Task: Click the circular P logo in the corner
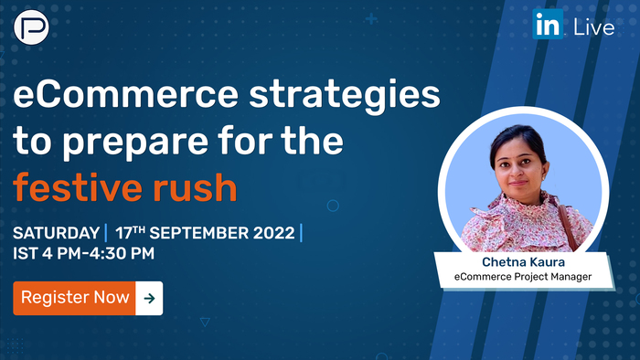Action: (x=30, y=26)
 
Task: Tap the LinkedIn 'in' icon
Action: (x=548, y=26)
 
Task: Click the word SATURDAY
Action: (x=56, y=232)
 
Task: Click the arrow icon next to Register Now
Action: (x=149, y=297)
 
